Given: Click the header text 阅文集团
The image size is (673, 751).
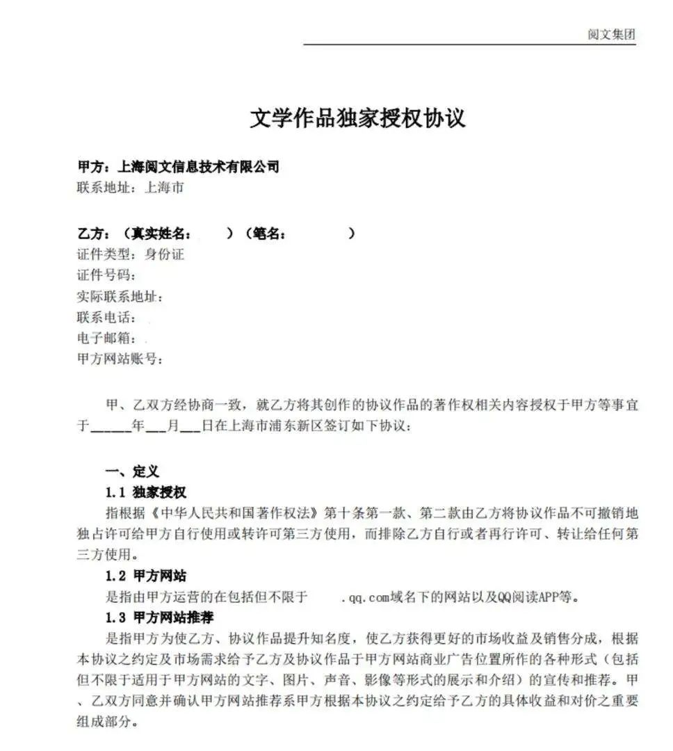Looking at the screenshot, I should (x=611, y=35).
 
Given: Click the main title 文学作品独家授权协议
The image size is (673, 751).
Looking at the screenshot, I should (x=357, y=118).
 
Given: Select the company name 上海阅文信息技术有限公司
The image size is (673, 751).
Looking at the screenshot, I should (x=199, y=166).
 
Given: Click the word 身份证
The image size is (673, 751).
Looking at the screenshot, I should (x=164, y=255).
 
